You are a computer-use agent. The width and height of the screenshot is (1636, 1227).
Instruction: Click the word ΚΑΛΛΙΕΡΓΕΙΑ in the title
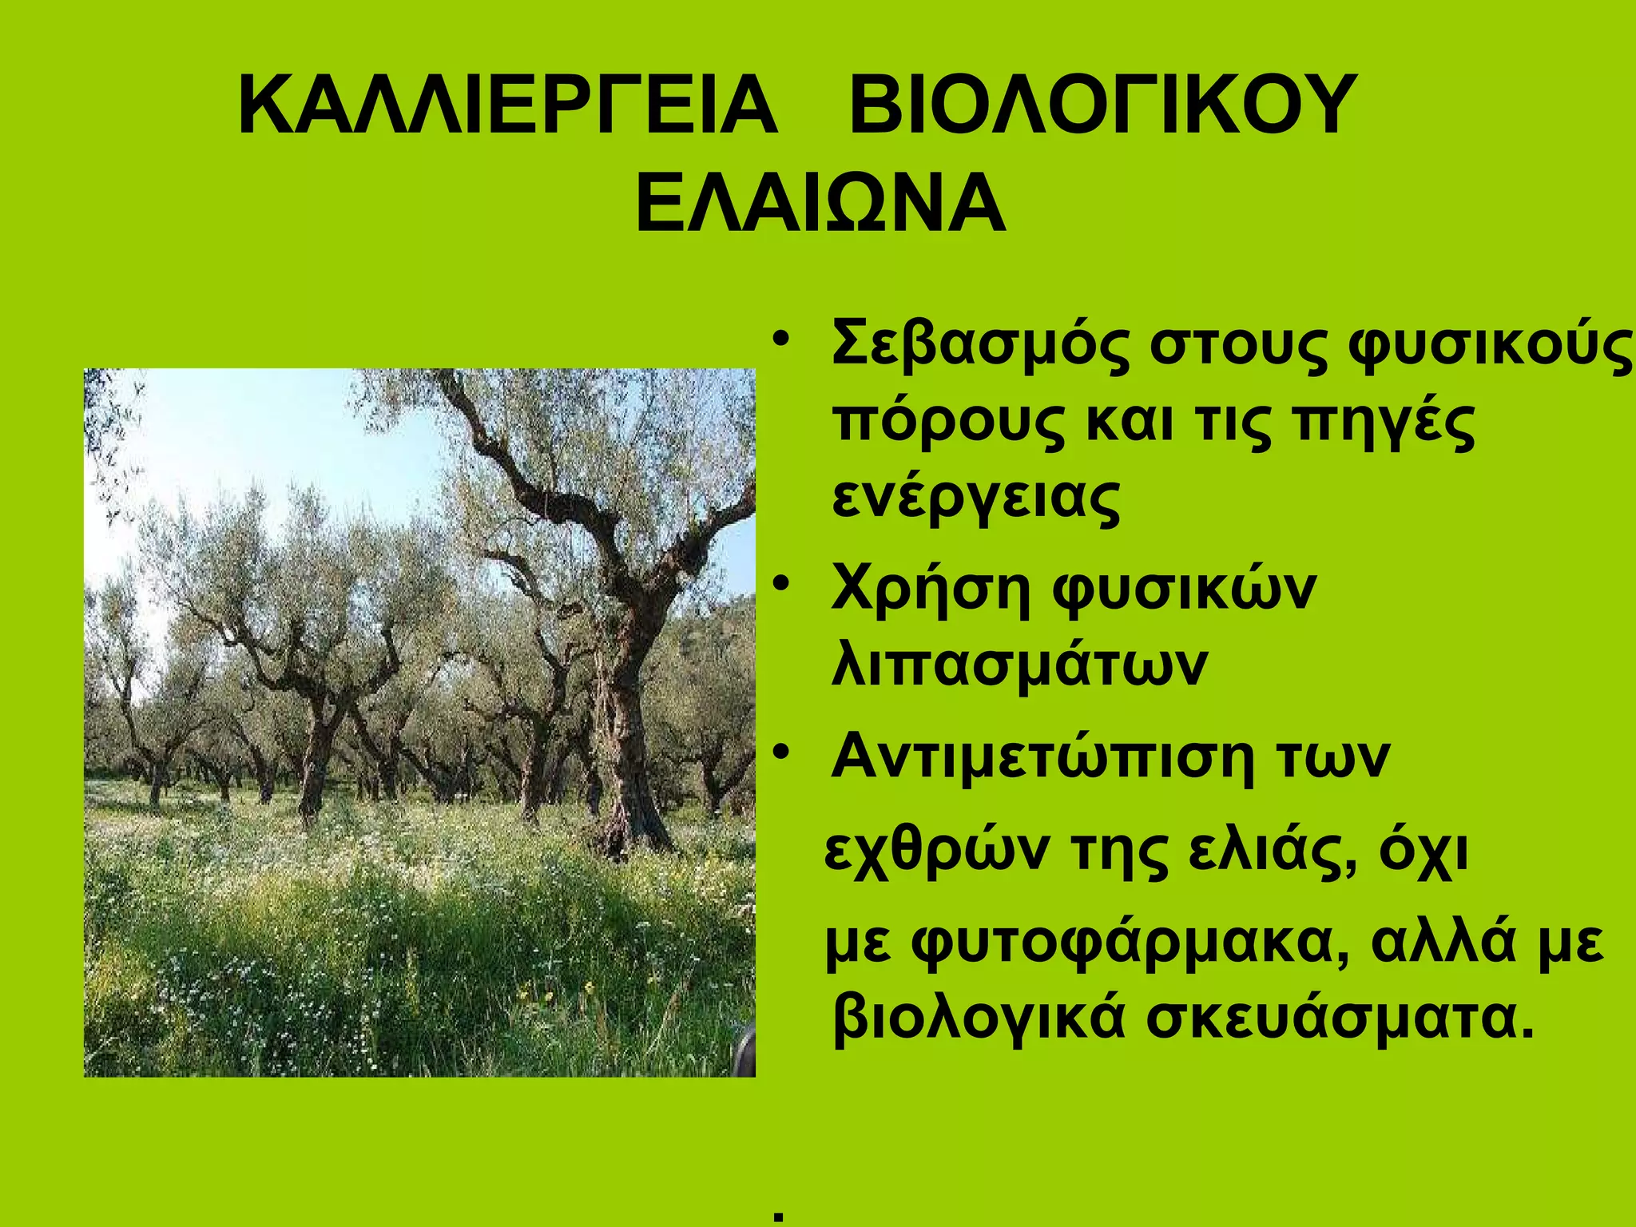click(x=507, y=106)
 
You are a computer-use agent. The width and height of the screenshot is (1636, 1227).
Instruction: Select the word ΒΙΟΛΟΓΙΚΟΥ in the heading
click(x=1102, y=106)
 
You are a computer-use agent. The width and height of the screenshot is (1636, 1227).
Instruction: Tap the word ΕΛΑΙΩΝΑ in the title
click(x=820, y=204)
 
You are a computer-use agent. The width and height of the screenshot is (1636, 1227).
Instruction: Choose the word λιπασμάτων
click(x=1019, y=665)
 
